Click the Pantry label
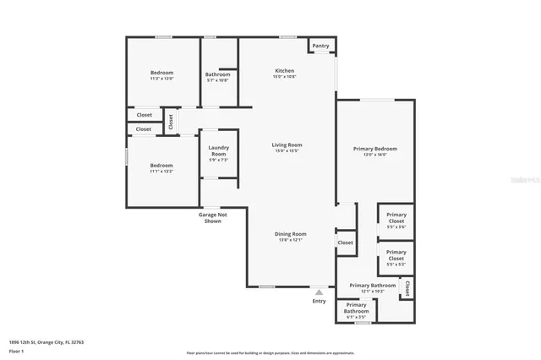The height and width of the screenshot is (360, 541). point(320,46)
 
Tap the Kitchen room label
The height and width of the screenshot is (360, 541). point(284,70)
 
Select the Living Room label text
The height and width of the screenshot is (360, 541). point(287,145)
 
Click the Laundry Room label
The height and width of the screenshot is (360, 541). point(218,151)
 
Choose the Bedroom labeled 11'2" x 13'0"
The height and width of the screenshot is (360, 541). point(161,74)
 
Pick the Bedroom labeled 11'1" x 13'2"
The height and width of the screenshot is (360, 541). point(161,166)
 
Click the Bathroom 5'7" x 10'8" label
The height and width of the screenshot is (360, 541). point(217,74)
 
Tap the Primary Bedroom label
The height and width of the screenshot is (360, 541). point(374,149)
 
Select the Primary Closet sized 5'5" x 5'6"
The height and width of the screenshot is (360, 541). point(396,215)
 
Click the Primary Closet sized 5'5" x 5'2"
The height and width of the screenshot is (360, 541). point(396,253)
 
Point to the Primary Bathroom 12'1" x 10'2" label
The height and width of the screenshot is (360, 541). point(372,286)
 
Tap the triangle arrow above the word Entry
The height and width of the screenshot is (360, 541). point(319,292)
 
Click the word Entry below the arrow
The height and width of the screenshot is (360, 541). point(319,301)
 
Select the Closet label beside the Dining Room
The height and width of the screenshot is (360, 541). point(345,243)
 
